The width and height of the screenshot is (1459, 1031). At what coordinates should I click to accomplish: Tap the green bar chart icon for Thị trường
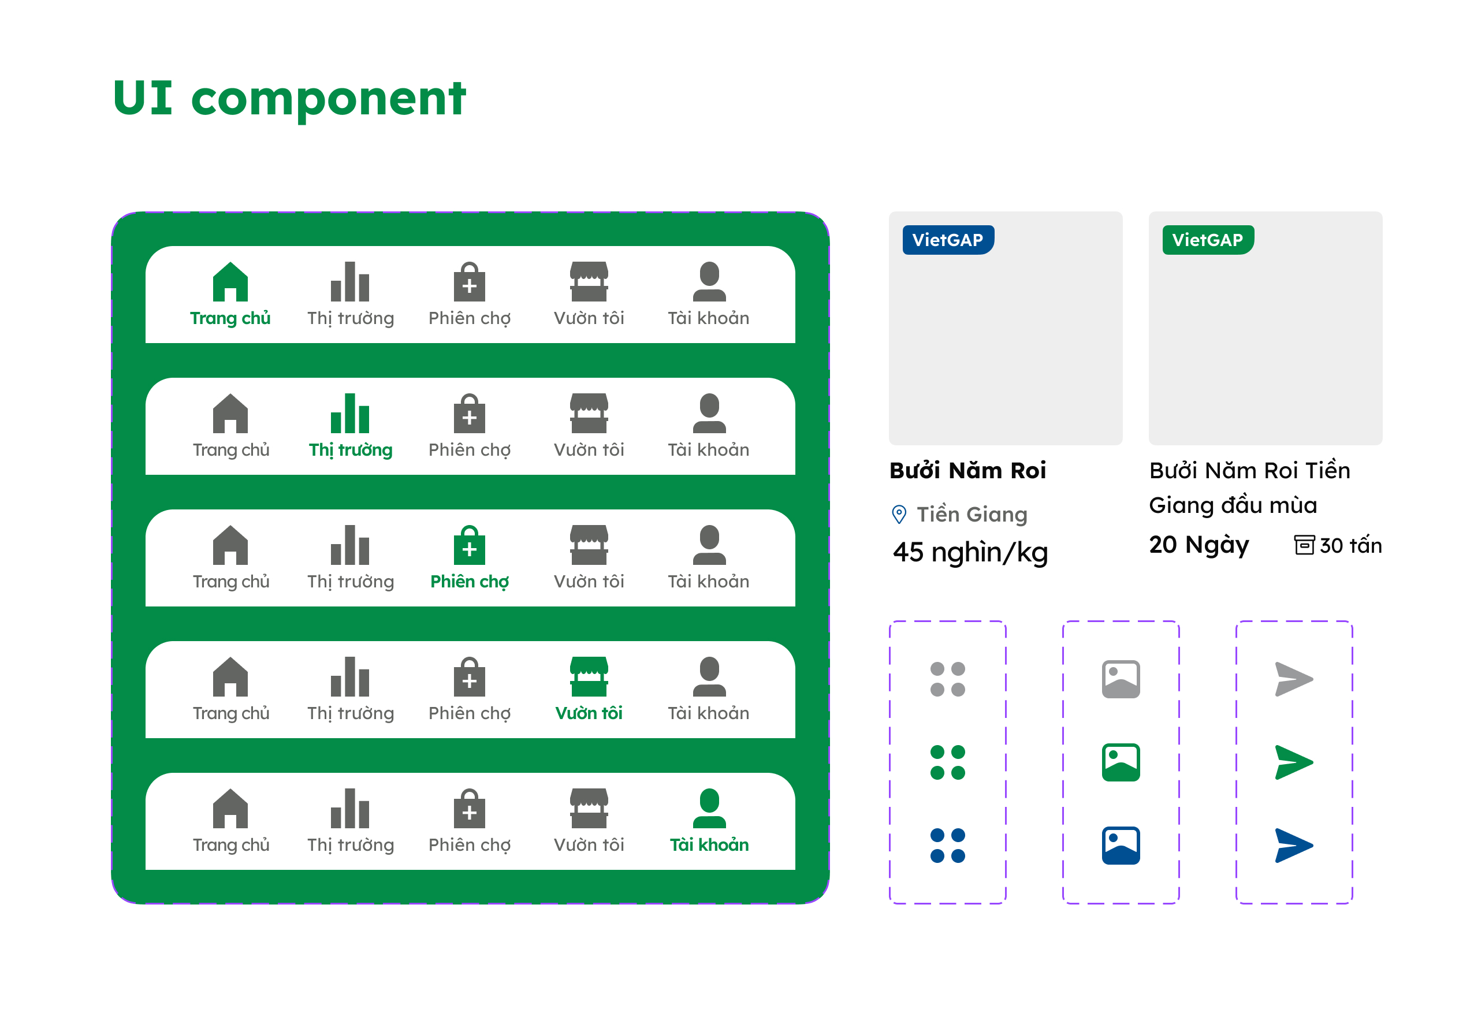[x=349, y=413]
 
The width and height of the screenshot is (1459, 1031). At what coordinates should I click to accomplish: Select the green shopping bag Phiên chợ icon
[x=470, y=545]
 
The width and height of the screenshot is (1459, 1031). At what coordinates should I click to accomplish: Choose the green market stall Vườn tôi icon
[x=589, y=676]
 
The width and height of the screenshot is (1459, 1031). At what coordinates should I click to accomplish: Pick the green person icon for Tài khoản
[x=709, y=808]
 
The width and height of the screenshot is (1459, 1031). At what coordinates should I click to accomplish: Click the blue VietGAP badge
[x=948, y=240]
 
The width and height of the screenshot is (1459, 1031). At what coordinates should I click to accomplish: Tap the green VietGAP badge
[x=1208, y=240]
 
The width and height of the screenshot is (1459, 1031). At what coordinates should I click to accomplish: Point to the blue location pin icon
[x=899, y=513]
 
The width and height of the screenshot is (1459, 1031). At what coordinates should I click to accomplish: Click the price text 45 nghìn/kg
[x=970, y=552]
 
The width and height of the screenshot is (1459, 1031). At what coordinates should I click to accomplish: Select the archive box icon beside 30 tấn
[x=1305, y=545]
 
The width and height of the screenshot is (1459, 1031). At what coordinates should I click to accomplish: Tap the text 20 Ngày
[x=1199, y=545]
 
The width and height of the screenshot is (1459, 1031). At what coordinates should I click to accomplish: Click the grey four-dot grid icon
[x=947, y=679]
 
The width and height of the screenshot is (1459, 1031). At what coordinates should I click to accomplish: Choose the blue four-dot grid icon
[x=947, y=846]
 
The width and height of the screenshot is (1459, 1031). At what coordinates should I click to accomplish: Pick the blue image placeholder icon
[x=1121, y=846]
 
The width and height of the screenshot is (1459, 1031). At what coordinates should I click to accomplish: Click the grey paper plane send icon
[x=1293, y=679]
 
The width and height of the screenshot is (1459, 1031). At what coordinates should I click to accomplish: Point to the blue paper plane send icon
[x=1293, y=846]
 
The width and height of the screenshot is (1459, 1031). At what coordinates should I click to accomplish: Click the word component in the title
[x=329, y=100]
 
